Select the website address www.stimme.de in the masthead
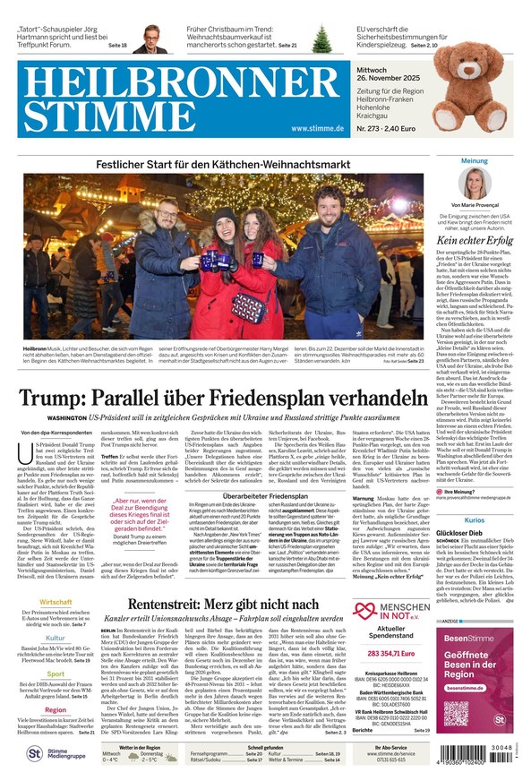(x=317, y=128)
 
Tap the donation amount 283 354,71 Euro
(x=390, y=653)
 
